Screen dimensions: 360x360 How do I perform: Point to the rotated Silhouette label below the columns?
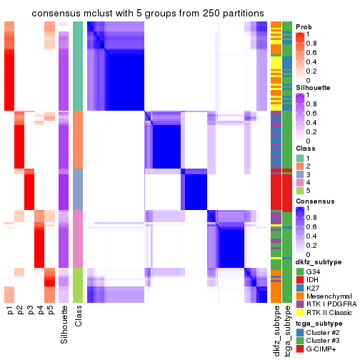pyautogui.click(x=64, y=324)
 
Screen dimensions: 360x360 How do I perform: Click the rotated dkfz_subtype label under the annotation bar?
pyautogui.click(x=276, y=331)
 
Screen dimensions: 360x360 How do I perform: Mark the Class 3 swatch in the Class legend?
pyautogui.click(x=300, y=174)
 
